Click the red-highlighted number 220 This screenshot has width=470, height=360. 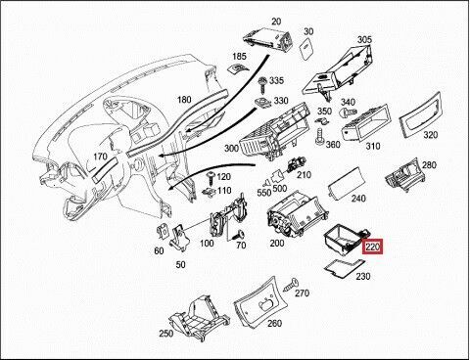pyautogui.click(x=373, y=247)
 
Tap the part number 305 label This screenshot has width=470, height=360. pyautogui.click(x=364, y=39)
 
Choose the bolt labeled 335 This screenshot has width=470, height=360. pyautogui.click(x=262, y=84)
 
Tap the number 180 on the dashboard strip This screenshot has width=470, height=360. pyautogui.click(x=184, y=99)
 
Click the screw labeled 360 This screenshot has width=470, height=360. pyautogui.click(x=319, y=136)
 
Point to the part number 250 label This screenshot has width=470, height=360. pyautogui.click(x=166, y=334)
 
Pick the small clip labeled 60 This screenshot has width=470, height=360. pyautogui.click(x=163, y=232)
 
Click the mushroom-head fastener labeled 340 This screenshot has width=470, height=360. pyautogui.click(x=346, y=112)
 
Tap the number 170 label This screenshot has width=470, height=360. pyautogui.click(x=100, y=157)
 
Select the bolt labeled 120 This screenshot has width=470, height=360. pyautogui.click(x=211, y=179)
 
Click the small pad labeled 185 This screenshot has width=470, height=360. pyautogui.click(x=236, y=68)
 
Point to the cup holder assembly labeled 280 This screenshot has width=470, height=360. pyautogui.click(x=405, y=175)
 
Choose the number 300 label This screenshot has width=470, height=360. pyautogui.click(x=231, y=149)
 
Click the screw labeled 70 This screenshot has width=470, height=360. pyautogui.click(x=239, y=235)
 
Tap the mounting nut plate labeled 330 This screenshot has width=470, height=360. pyautogui.click(x=262, y=103)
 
